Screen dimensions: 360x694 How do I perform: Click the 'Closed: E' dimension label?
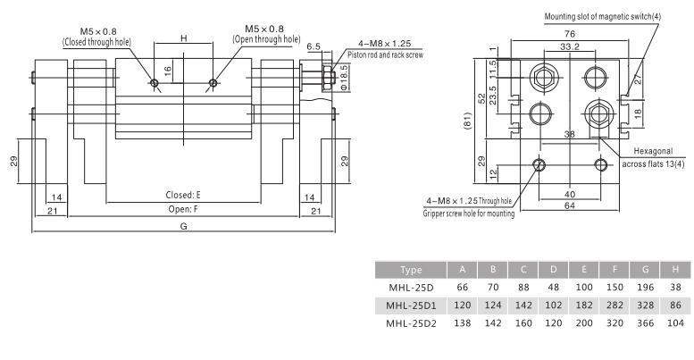click(183, 195)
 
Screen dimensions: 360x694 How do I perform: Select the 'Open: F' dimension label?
click(183, 209)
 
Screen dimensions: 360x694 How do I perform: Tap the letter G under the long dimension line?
click(183, 227)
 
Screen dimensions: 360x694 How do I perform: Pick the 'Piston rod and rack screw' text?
click(380, 54)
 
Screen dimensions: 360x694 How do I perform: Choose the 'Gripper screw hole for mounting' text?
click(469, 213)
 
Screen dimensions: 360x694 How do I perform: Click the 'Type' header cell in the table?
click(411, 269)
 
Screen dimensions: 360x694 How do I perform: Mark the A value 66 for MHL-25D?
click(462, 288)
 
